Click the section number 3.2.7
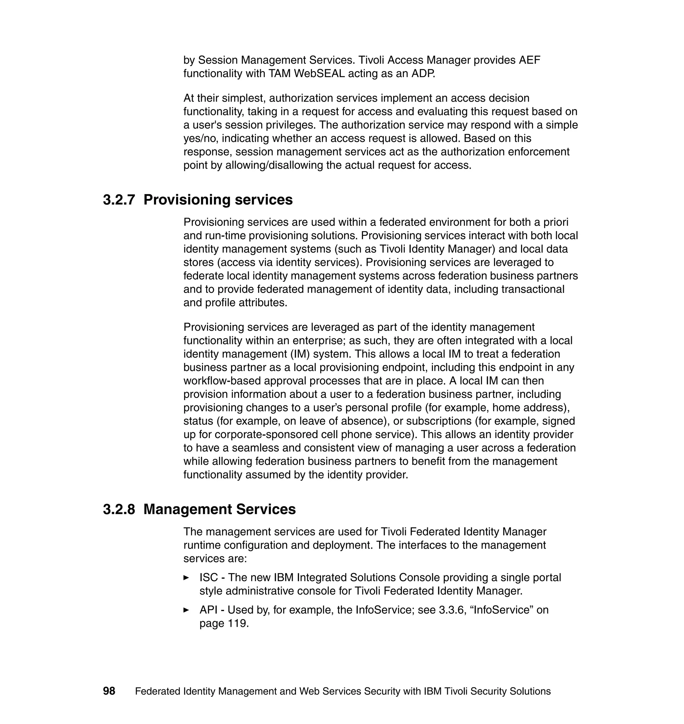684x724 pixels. tap(119, 200)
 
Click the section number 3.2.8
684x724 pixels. tap(119, 509)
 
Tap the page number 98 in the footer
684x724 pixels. tap(109, 691)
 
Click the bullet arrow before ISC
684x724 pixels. tap(186, 577)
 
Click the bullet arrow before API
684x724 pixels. tap(186, 610)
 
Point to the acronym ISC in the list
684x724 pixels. tap(208, 577)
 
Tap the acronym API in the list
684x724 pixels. tap(208, 610)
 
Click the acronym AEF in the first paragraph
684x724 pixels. tap(529, 60)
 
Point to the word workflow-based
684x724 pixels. tap(222, 381)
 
